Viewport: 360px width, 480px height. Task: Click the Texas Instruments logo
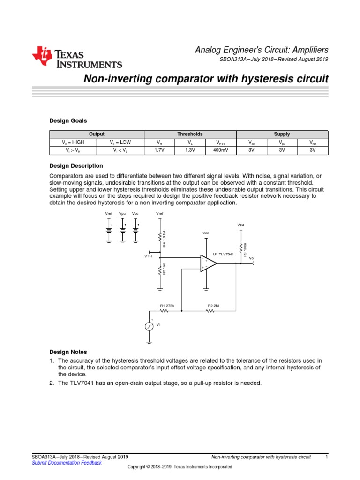(77, 58)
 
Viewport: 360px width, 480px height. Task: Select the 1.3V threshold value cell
(189, 150)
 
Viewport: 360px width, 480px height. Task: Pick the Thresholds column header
(190, 134)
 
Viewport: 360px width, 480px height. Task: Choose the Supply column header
(282, 134)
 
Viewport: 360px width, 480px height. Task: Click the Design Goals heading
(68, 120)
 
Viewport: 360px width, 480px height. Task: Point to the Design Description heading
(76, 166)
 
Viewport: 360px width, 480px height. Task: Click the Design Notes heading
(68, 352)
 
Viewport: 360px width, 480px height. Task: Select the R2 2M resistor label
(213, 306)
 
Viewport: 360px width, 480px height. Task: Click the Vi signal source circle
(149, 327)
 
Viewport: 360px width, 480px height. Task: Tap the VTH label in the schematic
(149, 257)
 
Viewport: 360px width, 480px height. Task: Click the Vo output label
(251, 258)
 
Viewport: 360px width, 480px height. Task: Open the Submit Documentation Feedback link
(66, 463)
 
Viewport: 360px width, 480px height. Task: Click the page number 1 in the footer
(326, 457)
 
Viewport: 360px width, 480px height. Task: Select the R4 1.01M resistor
(161, 239)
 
